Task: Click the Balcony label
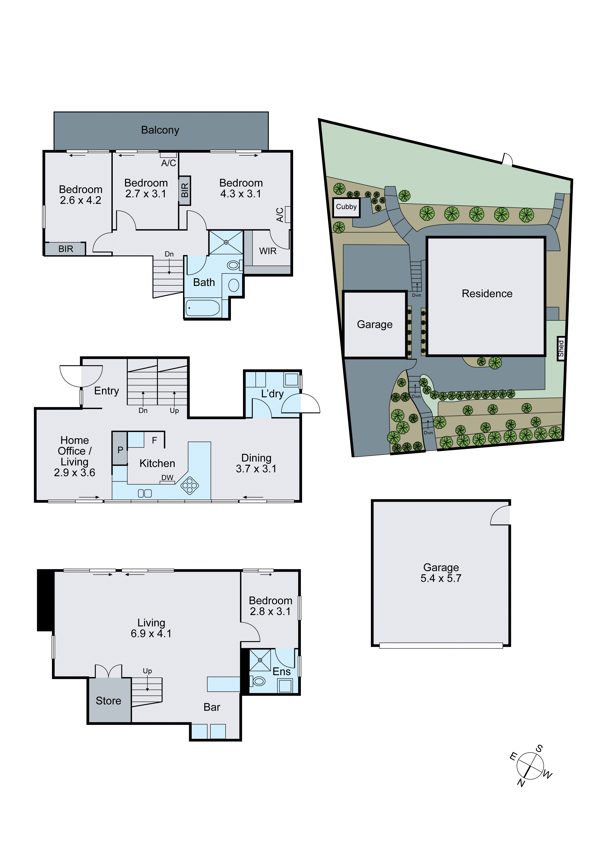point(160,130)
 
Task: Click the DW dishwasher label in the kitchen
point(167,478)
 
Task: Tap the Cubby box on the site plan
point(346,207)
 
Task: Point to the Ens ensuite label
point(281,672)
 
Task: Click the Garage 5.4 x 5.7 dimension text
point(441,578)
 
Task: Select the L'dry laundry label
point(272,394)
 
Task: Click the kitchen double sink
point(144,493)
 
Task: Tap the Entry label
point(107,391)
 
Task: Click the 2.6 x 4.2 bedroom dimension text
point(81,200)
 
